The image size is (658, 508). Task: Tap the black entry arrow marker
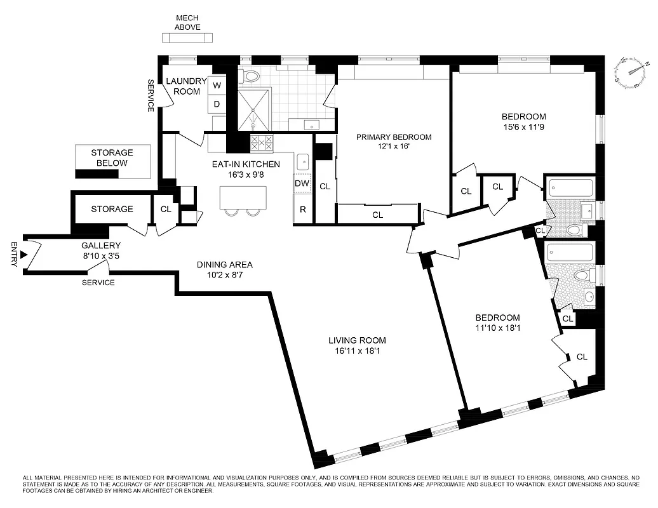tap(24, 255)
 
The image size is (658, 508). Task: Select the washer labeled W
tap(217, 85)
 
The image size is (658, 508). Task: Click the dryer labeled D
tap(217, 104)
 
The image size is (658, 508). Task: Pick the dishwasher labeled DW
tap(302, 184)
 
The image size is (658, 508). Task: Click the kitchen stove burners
tap(262, 142)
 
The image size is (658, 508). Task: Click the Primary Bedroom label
tap(393, 137)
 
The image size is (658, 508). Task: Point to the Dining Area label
tap(224, 265)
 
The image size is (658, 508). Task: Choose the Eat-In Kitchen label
tap(246, 164)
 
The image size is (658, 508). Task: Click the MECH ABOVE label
tap(188, 23)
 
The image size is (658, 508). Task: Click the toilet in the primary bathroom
tap(252, 77)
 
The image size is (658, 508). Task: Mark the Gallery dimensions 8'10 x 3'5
tap(100, 256)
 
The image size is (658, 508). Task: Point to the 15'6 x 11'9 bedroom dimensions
tap(523, 127)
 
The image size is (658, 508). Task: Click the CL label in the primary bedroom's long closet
tap(377, 215)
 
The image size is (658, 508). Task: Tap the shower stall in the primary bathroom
tap(253, 110)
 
